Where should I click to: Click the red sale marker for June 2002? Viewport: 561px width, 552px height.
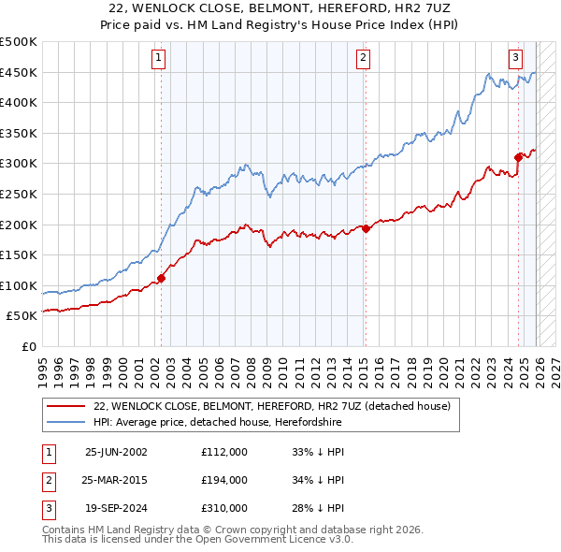click(x=161, y=277)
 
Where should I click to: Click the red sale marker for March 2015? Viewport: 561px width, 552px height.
click(x=366, y=227)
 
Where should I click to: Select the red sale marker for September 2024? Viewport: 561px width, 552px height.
click(x=518, y=156)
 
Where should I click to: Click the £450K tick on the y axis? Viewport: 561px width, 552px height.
click(x=19, y=73)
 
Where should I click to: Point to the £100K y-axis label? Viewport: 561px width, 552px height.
click(x=19, y=285)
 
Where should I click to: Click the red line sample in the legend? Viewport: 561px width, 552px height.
click(x=65, y=406)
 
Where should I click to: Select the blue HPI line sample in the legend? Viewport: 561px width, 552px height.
click(x=65, y=421)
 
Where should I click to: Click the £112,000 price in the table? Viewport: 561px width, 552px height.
click(x=224, y=451)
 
